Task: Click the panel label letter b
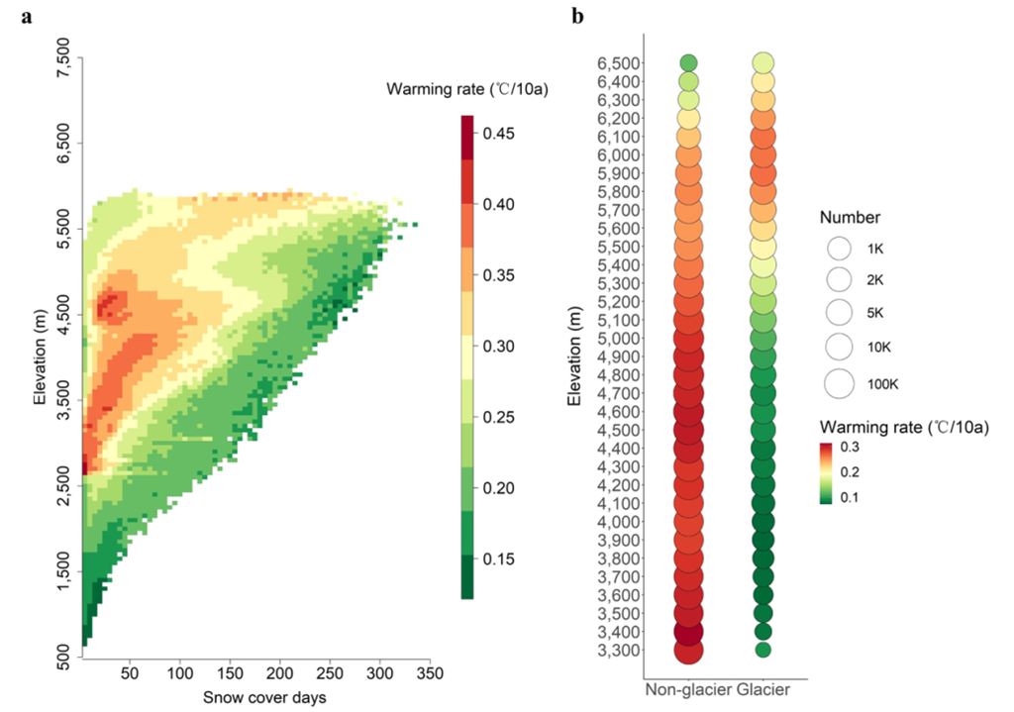click(x=577, y=16)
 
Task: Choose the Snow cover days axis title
click(x=264, y=698)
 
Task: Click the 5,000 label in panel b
click(x=616, y=338)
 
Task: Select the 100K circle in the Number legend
click(x=840, y=383)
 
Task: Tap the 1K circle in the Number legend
click(x=840, y=248)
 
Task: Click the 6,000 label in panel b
click(x=616, y=155)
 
